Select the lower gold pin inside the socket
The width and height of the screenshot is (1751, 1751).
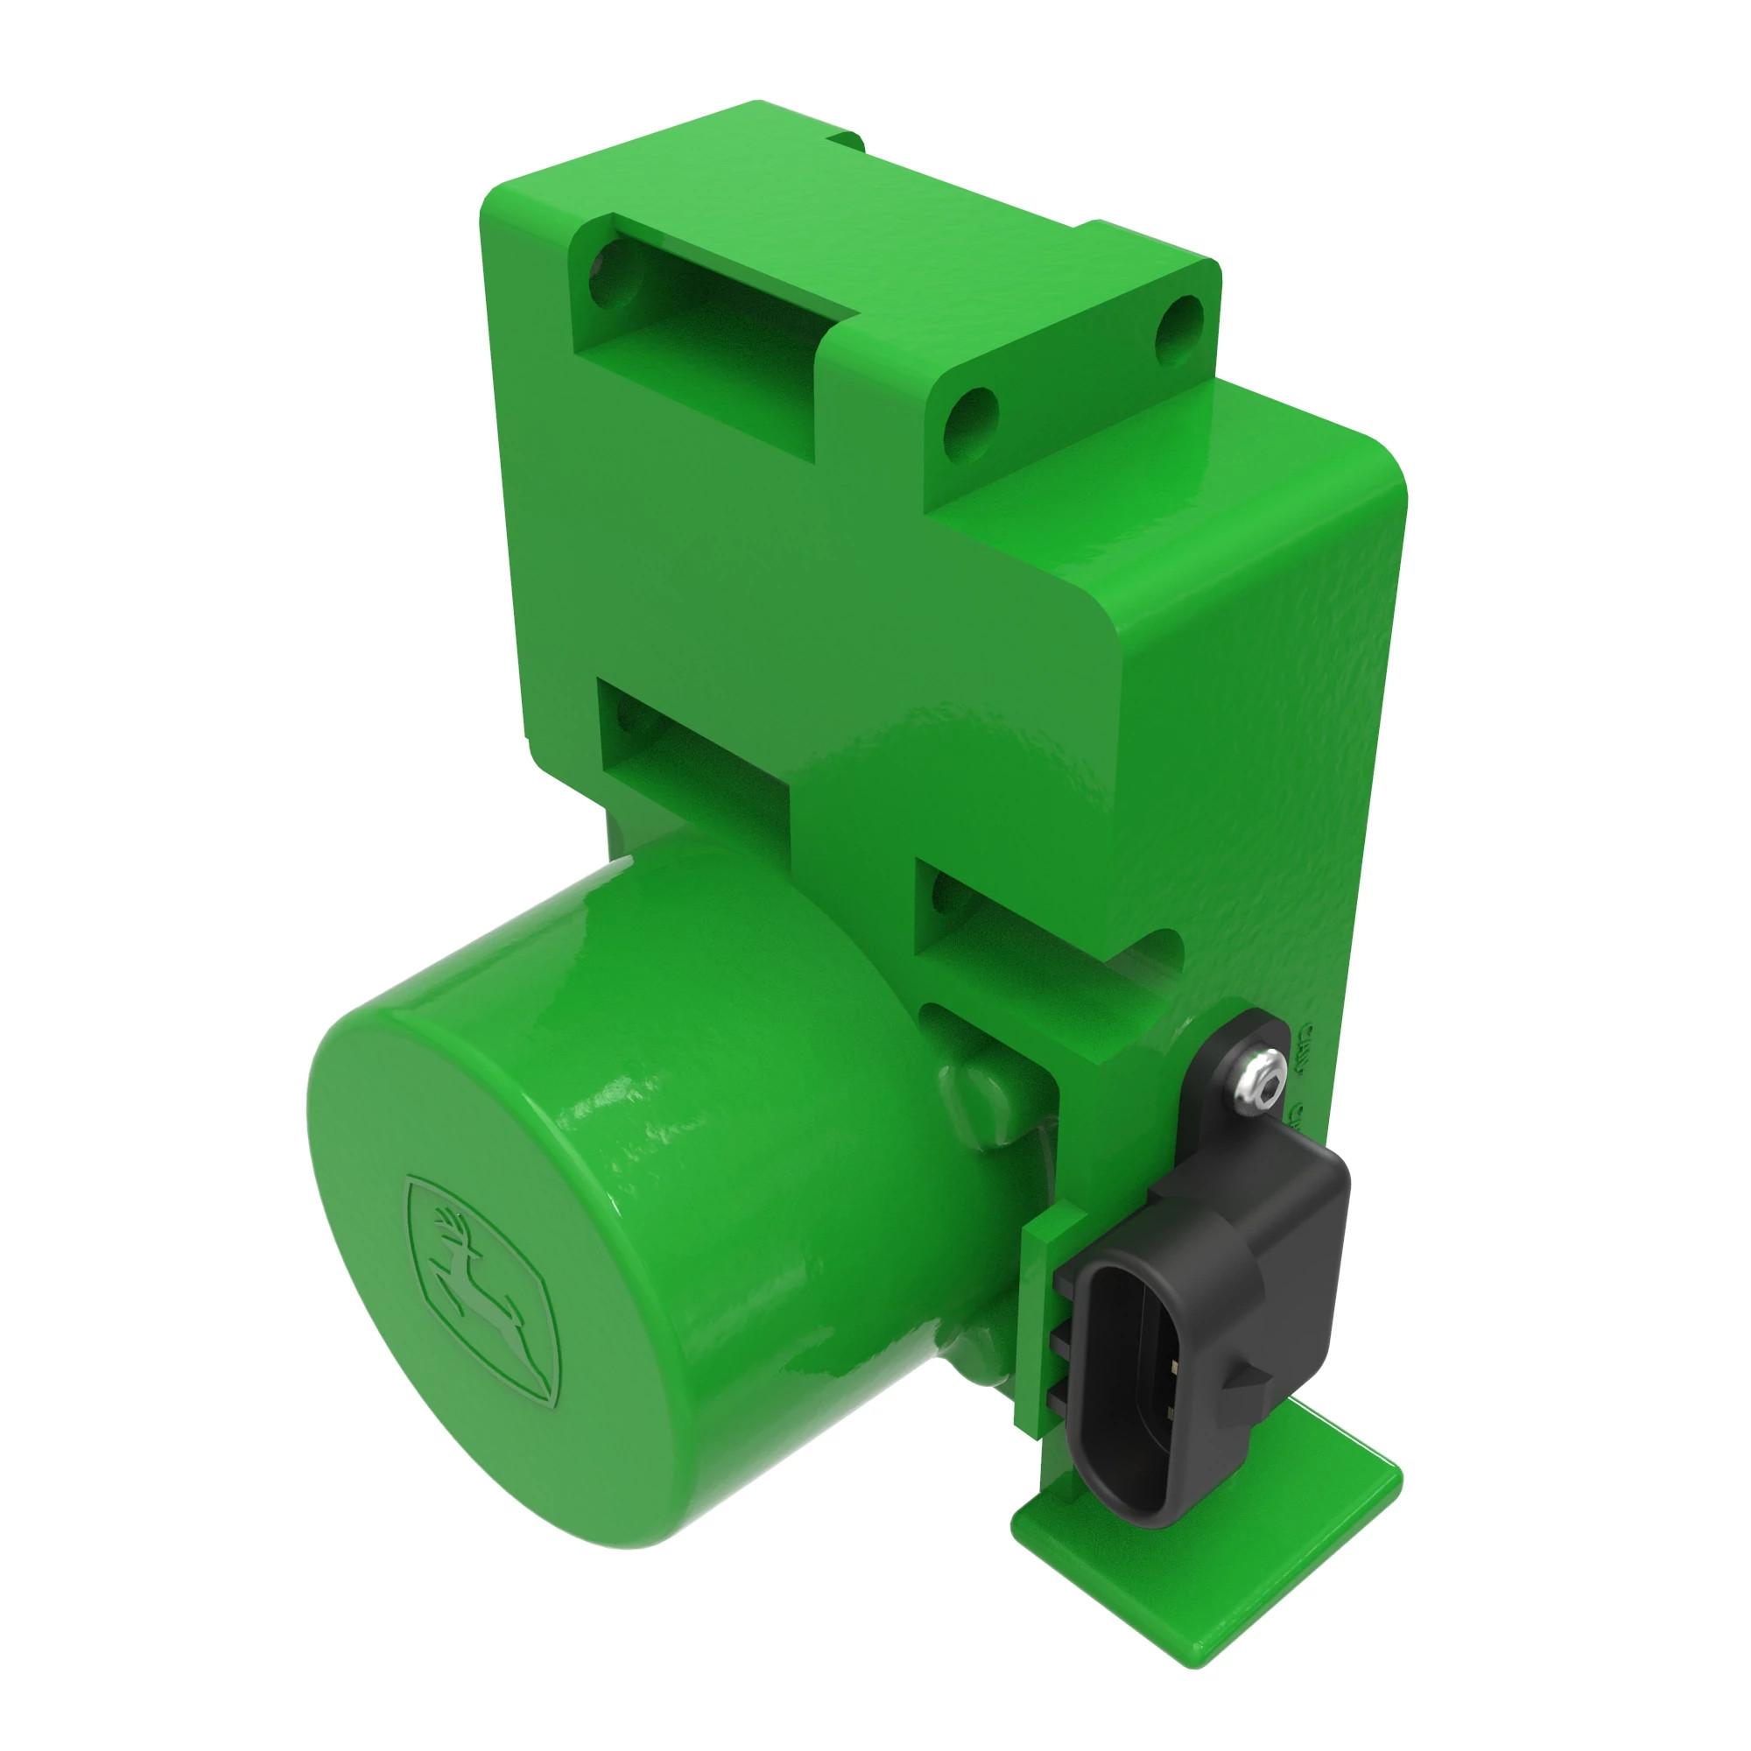[x=1171, y=1411]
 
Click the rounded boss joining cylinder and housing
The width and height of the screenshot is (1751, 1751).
[x=988, y=1097]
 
